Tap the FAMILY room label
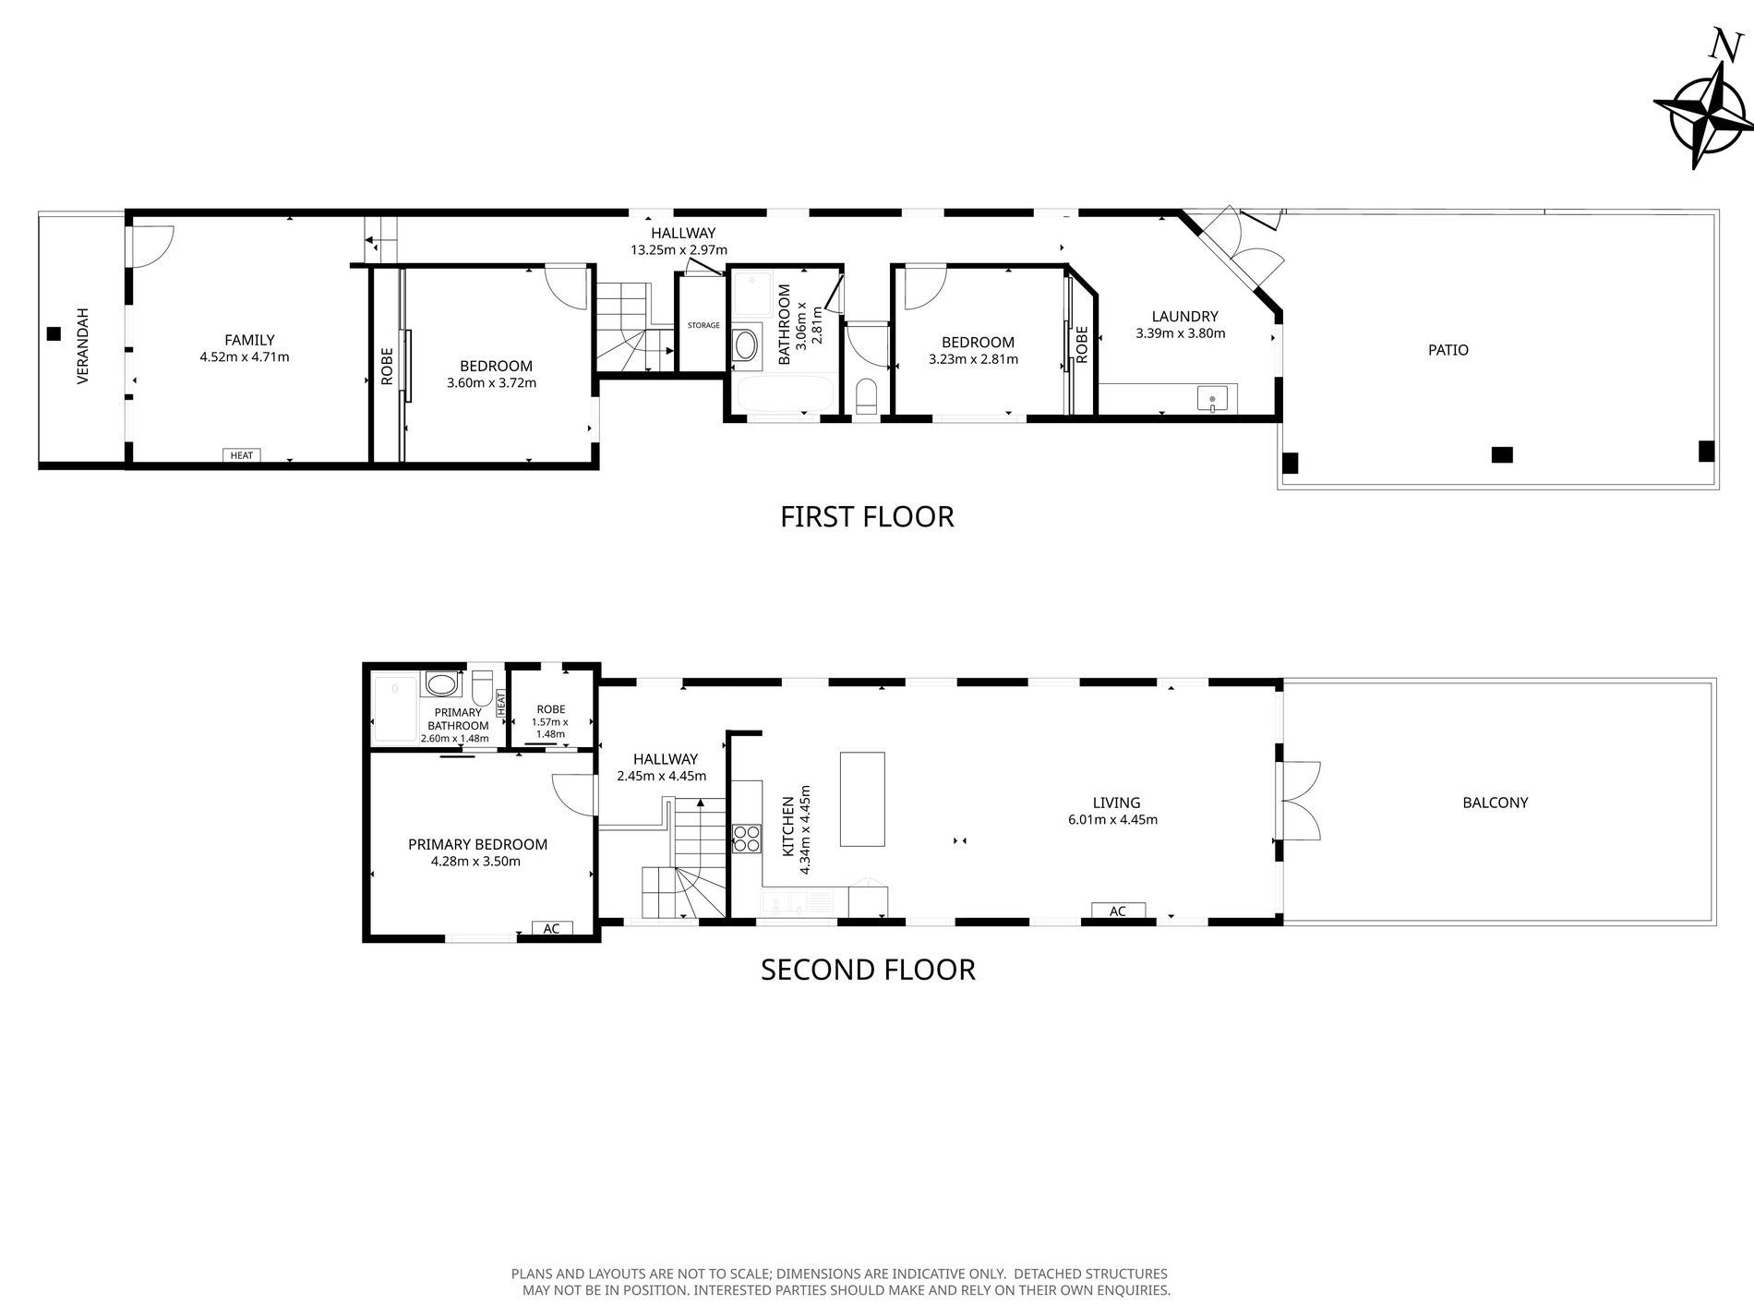pos(249,340)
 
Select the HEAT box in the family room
pos(242,455)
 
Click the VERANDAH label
pos(83,345)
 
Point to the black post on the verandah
pos(54,333)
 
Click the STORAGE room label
pos(703,325)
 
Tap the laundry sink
pos(1213,400)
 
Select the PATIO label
pos(1448,350)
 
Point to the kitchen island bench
pos(862,799)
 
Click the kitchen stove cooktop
pos(747,838)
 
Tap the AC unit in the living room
pos(1118,912)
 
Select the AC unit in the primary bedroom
pos(552,928)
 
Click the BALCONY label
pos(1496,803)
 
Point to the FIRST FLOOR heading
pos(867,516)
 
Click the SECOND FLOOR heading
pos(868,969)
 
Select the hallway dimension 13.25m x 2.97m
pos(679,249)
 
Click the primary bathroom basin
pos(441,684)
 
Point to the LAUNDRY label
pos(1185,317)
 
